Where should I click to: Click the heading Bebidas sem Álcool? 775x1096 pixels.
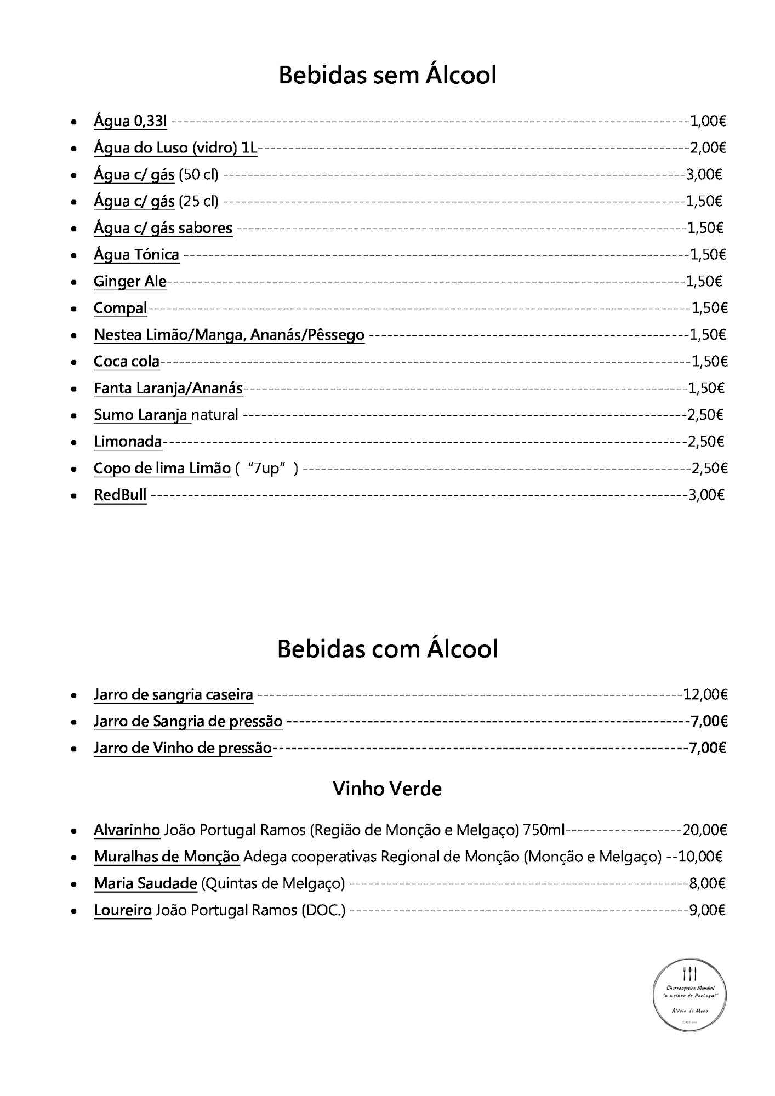(x=387, y=75)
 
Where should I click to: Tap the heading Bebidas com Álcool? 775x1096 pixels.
(x=387, y=649)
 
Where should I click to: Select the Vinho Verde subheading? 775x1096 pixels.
(x=387, y=789)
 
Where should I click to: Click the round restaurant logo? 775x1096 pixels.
(x=690, y=995)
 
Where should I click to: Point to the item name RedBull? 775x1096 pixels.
(x=120, y=495)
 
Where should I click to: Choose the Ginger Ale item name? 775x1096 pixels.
(x=130, y=281)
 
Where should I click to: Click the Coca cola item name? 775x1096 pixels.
(x=127, y=361)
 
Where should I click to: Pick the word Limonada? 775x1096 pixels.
(x=128, y=442)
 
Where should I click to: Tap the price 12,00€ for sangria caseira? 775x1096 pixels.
(x=705, y=695)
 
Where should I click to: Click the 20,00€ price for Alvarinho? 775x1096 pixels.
(x=705, y=830)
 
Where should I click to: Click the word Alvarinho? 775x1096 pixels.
(x=127, y=830)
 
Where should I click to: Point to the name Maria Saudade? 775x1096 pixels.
(x=145, y=883)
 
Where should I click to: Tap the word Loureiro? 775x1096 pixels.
(x=123, y=910)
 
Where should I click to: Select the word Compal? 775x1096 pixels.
(x=121, y=308)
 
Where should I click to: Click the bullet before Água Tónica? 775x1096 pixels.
(x=73, y=255)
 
